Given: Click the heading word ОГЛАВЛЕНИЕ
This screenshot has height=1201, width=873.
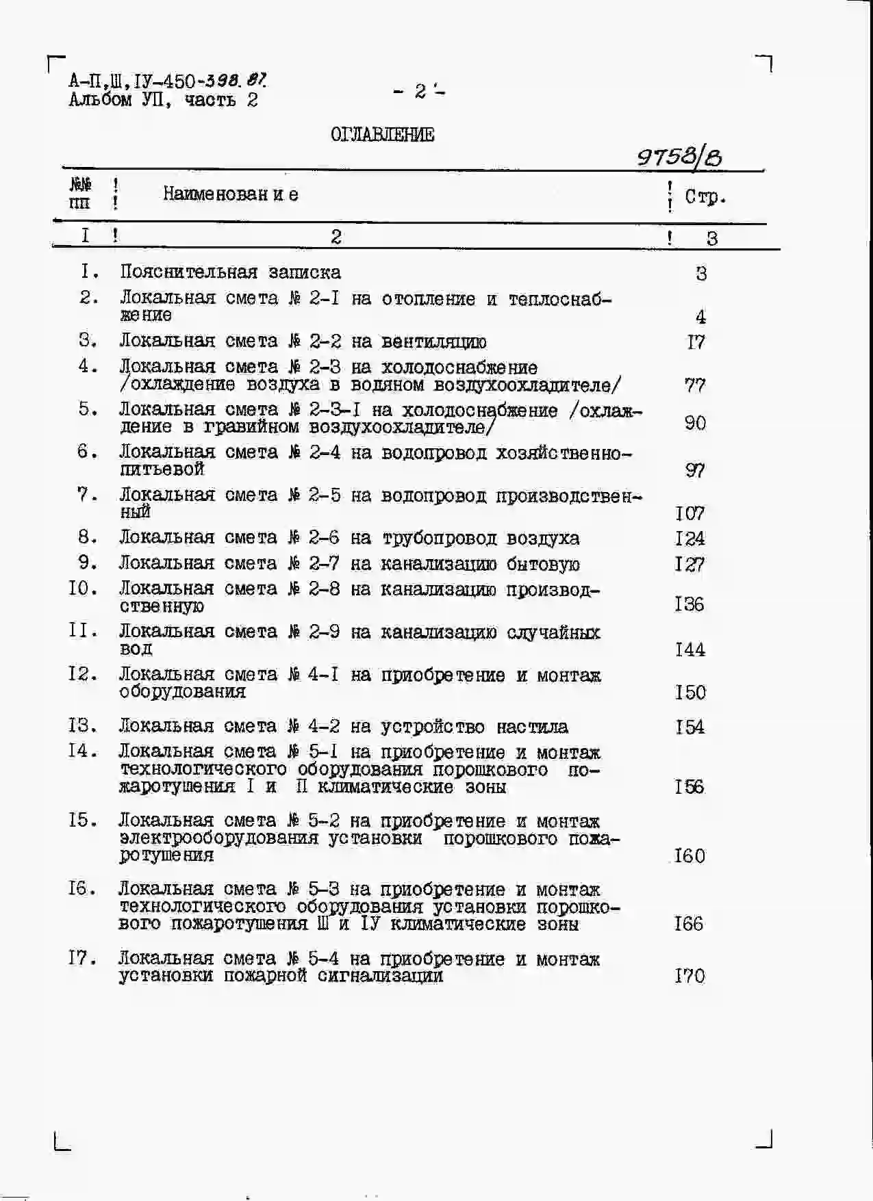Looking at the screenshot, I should [382, 134].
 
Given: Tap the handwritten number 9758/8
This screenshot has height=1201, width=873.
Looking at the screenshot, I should [679, 158].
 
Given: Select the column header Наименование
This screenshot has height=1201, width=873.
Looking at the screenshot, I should [230, 194].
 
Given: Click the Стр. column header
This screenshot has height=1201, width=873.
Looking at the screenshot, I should [705, 197].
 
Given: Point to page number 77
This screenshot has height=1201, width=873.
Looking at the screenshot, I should [694, 385].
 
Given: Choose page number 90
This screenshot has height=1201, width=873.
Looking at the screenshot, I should [695, 423].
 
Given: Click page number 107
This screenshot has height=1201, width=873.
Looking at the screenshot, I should [689, 513].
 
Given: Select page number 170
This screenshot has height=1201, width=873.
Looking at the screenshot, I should [689, 975].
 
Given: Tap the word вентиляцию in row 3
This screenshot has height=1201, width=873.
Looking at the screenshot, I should [434, 341].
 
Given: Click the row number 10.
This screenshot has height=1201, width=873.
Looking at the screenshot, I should [84, 589].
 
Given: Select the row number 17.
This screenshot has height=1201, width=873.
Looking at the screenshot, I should [83, 958].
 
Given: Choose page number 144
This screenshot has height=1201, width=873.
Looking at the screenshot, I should [689, 649].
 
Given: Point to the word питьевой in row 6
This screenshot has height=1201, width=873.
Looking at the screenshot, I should [162, 469].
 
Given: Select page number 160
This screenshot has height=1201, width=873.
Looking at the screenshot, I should [689, 855].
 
